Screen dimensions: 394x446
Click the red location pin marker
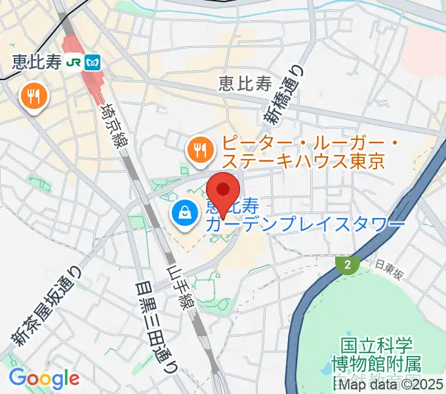point(224,191)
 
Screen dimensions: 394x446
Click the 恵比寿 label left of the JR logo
point(35,62)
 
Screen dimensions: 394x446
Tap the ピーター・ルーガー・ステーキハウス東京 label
point(302,152)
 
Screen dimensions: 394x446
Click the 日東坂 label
point(388,265)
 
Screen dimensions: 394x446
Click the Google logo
point(44,378)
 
